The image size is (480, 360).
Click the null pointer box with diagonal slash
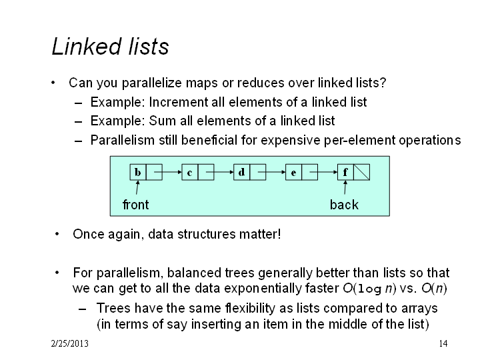point(361,172)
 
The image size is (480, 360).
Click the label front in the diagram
point(135,205)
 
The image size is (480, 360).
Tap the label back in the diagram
point(344,205)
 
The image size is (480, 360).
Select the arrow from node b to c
point(168,173)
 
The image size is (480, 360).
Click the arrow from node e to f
point(323,173)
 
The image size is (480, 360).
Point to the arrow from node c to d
point(220,173)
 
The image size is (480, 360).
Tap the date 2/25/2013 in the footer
point(70,343)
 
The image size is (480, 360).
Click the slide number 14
point(443,343)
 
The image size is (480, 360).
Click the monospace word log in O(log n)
point(369,289)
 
